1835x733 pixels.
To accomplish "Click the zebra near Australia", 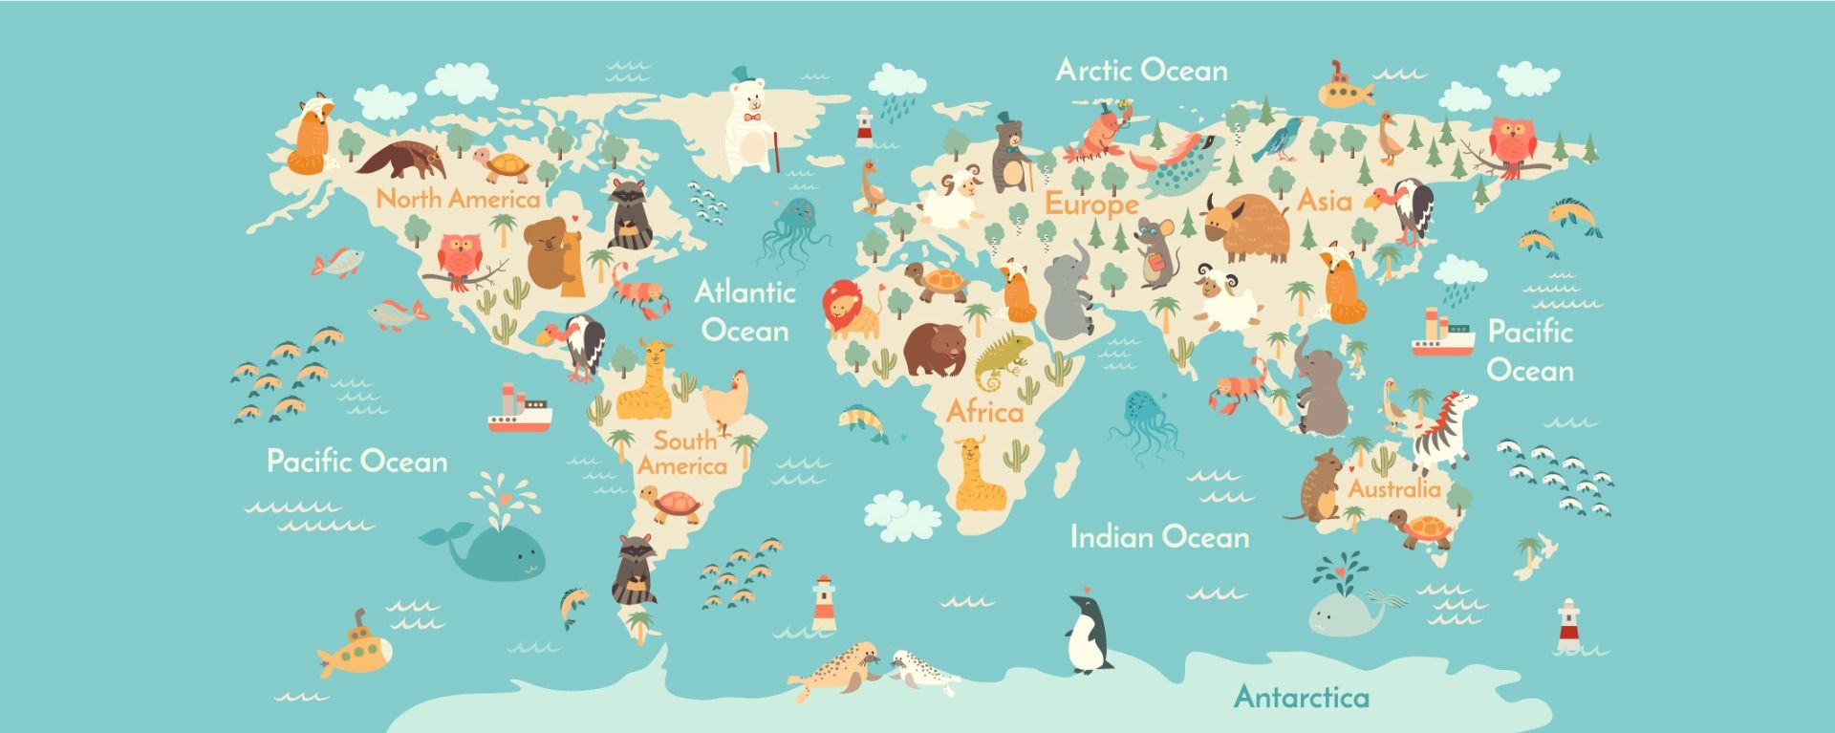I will (x=1444, y=430).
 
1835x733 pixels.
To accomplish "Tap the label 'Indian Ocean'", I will (x=1159, y=537).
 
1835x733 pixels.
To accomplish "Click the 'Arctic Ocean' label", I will (x=1141, y=70).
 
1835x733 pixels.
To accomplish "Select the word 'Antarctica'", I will (x=1301, y=696).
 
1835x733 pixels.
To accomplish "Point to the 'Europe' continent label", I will (x=1091, y=204).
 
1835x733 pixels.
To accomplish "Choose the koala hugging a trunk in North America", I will (x=554, y=252).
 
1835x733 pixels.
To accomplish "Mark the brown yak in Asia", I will (x=1247, y=227).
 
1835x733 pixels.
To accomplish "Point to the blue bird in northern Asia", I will (x=1283, y=140).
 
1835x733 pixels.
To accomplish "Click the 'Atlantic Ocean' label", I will (x=745, y=311).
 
